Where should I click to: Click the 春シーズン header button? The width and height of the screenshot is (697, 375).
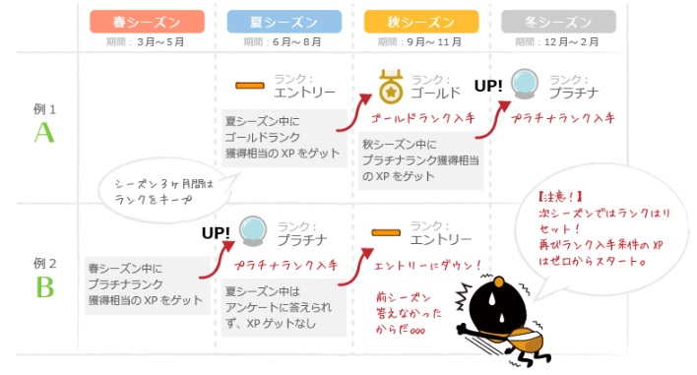point(147,21)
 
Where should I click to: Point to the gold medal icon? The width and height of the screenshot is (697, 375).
point(390,86)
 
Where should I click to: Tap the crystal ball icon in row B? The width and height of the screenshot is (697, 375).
point(253,231)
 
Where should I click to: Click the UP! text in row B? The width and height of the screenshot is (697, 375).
point(215,233)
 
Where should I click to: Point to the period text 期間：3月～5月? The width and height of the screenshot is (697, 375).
point(147,42)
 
